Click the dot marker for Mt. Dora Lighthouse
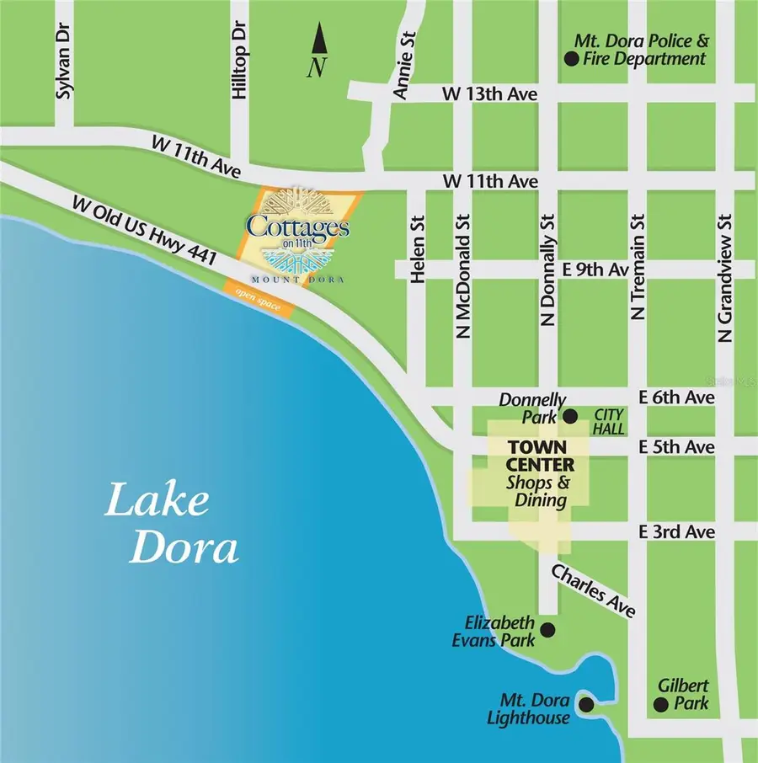pyautogui.click(x=586, y=703)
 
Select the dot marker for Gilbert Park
pyautogui.click(x=663, y=704)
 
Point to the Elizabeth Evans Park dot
pyautogui.click(x=547, y=629)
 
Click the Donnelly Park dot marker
pyautogui.click(x=569, y=416)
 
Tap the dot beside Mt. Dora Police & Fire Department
pyautogui.click(x=571, y=58)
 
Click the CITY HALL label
pyautogui.click(x=609, y=422)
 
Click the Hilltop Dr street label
pyautogui.click(x=239, y=72)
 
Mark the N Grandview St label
pyautogui.click(x=725, y=277)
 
